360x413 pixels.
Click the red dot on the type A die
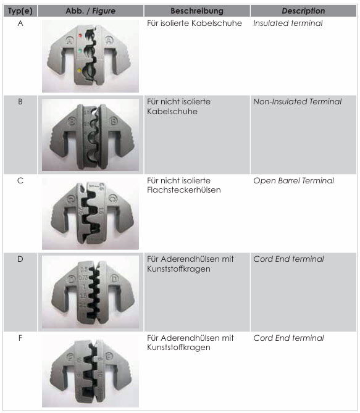tap(80, 35)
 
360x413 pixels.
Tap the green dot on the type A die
tap(80, 50)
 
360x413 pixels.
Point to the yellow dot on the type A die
tap(79, 70)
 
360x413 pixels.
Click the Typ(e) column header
tap(20, 10)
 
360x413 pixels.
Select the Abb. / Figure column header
tap(90, 10)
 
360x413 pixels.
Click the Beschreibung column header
tap(197, 10)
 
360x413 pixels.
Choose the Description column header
tap(303, 10)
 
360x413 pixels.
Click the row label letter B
tap(20, 102)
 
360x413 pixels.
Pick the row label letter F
tap(20, 338)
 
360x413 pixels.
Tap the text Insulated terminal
tap(288, 23)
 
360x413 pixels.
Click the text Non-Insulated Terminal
tap(297, 101)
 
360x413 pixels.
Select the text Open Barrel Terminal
tap(293, 180)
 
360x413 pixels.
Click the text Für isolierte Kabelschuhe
tap(195, 23)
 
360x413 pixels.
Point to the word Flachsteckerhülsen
tap(183, 190)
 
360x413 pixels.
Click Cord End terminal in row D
tap(288, 259)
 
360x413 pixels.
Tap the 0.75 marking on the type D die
tap(83, 278)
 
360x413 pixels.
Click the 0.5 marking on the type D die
tap(84, 269)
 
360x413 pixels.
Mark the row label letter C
tap(20, 181)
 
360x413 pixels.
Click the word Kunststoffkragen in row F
tap(178, 348)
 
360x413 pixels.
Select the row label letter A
tap(20, 23)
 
